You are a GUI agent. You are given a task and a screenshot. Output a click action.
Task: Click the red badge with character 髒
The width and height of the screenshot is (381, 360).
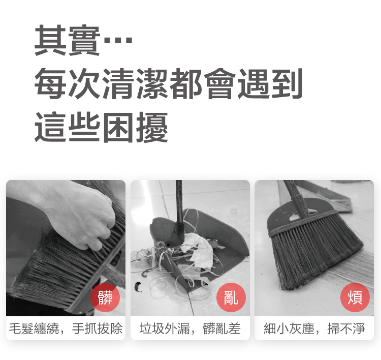click(105, 297)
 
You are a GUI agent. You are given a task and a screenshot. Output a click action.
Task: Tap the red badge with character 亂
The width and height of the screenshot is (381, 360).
click(231, 297)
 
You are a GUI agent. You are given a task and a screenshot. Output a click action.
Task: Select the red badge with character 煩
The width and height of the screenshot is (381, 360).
click(355, 297)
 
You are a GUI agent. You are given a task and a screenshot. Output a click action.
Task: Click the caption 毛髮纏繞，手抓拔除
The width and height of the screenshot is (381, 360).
click(66, 328)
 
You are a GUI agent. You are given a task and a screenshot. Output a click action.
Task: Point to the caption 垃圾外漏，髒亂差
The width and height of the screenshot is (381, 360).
click(190, 328)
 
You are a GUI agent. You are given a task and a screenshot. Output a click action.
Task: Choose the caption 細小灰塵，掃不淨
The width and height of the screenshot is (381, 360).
click(314, 328)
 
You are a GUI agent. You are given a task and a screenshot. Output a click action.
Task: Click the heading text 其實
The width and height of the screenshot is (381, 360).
click(67, 40)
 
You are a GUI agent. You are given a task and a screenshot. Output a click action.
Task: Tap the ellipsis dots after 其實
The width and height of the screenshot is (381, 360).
click(118, 40)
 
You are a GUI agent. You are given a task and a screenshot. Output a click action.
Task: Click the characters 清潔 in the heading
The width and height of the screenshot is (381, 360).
click(135, 83)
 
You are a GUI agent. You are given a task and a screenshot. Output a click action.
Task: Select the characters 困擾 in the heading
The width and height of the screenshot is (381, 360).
click(135, 127)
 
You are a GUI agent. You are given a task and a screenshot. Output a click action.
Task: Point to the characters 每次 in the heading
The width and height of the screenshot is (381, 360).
click(67, 83)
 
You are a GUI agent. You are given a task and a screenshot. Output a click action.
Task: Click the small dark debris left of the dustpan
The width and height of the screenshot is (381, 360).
click(138, 287)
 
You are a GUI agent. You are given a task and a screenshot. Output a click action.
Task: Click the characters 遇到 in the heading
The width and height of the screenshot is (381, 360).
click(270, 83)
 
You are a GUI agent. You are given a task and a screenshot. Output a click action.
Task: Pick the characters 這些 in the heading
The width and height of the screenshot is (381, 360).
click(67, 127)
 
